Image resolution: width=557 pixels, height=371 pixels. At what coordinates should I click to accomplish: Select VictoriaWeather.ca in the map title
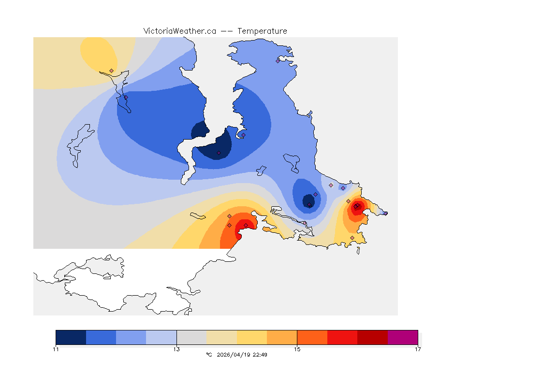click(179, 31)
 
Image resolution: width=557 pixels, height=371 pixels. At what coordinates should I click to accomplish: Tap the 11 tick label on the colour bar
click(56, 349)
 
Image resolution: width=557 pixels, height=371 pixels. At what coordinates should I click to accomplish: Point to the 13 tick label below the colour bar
click(176, 349)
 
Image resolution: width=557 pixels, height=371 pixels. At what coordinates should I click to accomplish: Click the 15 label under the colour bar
click(297, 349)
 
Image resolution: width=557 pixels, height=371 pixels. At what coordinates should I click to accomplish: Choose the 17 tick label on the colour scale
click(417, 349)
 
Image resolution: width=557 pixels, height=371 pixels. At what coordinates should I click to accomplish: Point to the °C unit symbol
click(209, 355)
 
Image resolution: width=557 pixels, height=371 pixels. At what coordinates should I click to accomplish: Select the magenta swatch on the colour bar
click(403, 337)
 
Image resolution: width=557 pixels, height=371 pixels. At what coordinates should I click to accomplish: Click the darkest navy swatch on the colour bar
click(71, 337)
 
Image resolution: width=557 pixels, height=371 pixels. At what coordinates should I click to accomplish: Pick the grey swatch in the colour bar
click(191, 337)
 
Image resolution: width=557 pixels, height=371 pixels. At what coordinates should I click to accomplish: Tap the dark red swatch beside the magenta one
click(372, 337)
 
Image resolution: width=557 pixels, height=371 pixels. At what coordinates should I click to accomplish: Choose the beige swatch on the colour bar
click(221, 337)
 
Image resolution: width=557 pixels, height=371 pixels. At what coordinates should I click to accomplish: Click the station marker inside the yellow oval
click(111, 71)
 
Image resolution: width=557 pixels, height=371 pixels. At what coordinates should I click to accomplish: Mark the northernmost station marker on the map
click(278, 61)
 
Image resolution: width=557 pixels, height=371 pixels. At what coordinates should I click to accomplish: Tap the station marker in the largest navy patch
click(219, 153)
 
